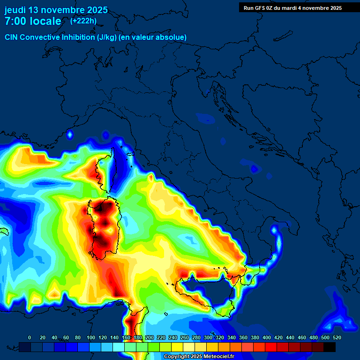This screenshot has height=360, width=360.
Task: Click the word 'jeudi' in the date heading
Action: pyautogui.click(x=15, y=10)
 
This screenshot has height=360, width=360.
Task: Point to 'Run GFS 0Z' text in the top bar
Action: pyautogui.click(x=257, y=7)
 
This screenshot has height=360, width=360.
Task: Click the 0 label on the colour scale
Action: pyautogui.click(x=30, y=337)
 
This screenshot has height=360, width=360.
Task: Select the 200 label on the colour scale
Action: pyautogui.click(x=149, y=337)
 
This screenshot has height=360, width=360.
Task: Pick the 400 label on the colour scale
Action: pyautogui.click(x=266, y=337)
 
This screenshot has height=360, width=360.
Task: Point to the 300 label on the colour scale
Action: pyautogui.click(x=208, y=337)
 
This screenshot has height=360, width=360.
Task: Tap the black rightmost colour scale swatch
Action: pyautogui.click(x=330, y=347)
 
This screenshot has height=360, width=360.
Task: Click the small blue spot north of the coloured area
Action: pyautogui.click(x=70, y=135)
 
